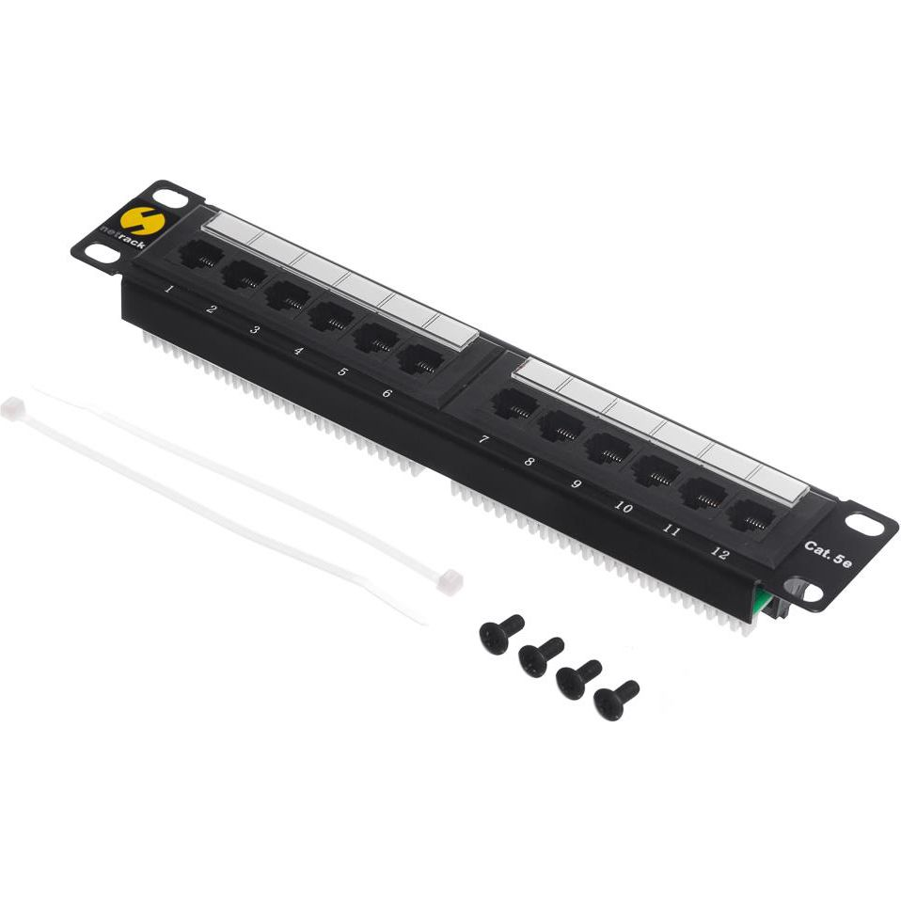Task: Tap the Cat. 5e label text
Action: [828, 554]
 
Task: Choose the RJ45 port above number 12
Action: [750, 515]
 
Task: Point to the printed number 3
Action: [255, 329]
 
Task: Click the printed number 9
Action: [577, 483]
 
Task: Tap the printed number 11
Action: [671, 530]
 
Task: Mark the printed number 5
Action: [342, 371]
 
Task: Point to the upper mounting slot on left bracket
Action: [171, 198]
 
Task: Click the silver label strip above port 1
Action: [229, 228]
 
